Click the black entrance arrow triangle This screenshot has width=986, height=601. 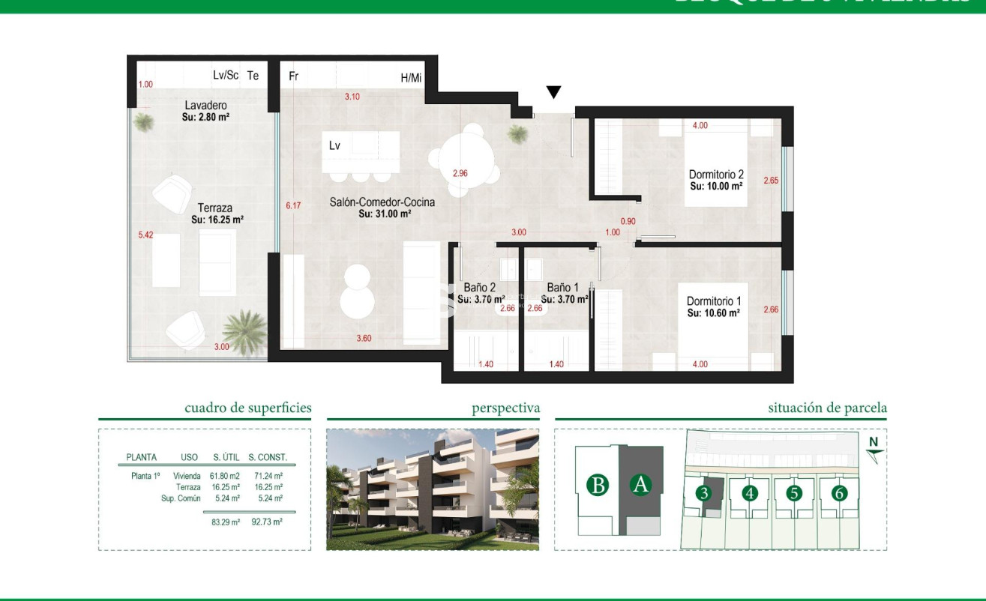click(x=553, y=92)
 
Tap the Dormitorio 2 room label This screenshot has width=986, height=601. click(x=716, y=175)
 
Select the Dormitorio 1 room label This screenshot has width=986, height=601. click(x=714, y=302)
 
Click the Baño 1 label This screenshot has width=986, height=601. click(x=562, y=287)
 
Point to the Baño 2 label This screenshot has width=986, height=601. click(x=480, y=287)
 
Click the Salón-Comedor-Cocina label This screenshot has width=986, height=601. click(x=382, y=202)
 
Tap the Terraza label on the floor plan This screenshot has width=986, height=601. click(x=215, y=208)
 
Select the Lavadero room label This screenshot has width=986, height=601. click(x=205, y=106)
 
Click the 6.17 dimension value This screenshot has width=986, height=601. click(x=292, y=205)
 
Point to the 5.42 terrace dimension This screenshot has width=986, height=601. click(x=145, y=235)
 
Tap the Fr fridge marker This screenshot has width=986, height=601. click(x=294, y=76)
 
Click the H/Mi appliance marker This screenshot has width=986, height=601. click(x=411, y=77)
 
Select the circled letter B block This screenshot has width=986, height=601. click(x=598, y=485)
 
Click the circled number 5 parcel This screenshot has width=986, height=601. click(x=795, y=493)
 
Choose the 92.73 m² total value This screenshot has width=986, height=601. click(x=268, y=522)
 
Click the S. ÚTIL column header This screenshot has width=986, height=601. click(x=226, y=457)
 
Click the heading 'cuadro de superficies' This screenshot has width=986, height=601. click(x=247, y=408)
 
